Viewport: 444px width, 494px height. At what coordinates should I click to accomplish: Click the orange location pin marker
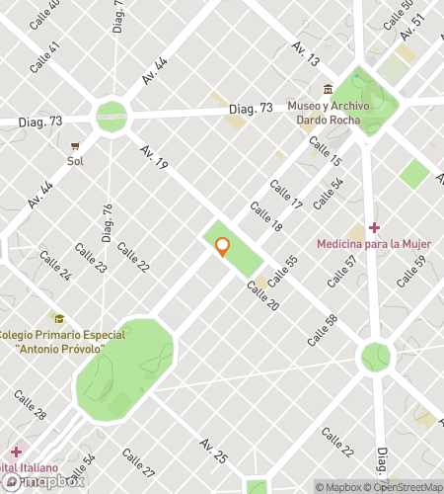[x=223, y=247]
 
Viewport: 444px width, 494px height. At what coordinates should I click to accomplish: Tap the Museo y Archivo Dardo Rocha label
[x=327, y=114]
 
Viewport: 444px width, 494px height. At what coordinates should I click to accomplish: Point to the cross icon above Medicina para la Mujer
[x=373, y=228]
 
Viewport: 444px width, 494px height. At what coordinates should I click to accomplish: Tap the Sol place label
[x=75, y=160]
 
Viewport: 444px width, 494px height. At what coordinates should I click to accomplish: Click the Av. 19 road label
[x=153, y=158]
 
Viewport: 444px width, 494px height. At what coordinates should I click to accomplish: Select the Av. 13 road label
[x=305, y=54]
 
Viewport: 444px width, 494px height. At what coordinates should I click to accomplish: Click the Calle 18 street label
[x=265, y=217]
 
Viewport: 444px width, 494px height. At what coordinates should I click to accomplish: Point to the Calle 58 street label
[x=323, y=329]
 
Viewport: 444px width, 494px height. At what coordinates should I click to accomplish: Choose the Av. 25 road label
[x=213, y=451]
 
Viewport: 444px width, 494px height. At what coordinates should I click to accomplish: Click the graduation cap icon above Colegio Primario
[x=59, y=319]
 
